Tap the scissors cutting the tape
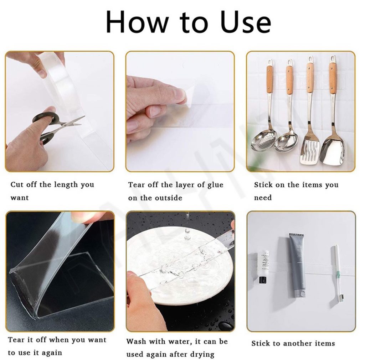click(x=58, y=126)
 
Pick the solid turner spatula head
click(x=332, y=149)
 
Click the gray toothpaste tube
click(x=298, y=265)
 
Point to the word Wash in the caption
click(x=136, y=341)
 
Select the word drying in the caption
click(x=202, y=355)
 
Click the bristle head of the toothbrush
click(x=342, y=298)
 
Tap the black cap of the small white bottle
click(x=263, y=280)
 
